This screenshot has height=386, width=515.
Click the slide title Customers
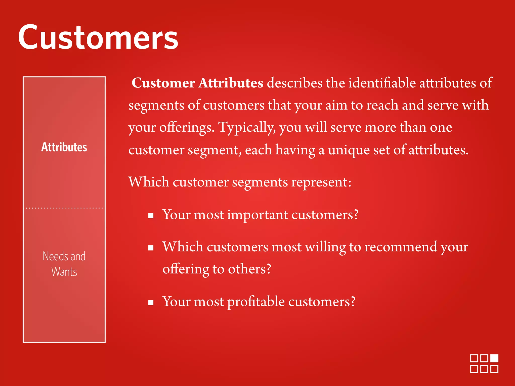[98, 38]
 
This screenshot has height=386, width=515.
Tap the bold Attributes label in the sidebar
[64, 147]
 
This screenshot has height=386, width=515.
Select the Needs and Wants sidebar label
[64, 264]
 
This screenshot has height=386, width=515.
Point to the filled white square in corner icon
[494, 358]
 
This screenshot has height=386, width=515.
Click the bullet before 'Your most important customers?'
[151, 216]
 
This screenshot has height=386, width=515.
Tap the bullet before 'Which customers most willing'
[151, 248]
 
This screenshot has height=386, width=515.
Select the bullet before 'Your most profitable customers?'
[151, 303]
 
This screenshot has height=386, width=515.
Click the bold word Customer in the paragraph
[163, 83]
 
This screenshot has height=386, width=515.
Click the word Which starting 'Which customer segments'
[149, 182]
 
